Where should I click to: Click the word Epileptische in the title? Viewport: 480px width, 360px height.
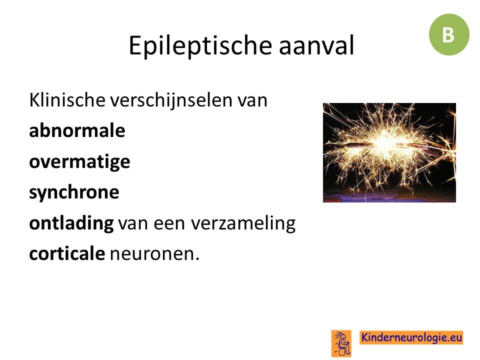(x=200, y=46)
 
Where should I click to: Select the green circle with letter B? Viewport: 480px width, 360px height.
(x=449, y=34)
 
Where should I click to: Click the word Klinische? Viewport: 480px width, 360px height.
(x=67, y=100)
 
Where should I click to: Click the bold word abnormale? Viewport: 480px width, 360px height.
(x=77, y=130)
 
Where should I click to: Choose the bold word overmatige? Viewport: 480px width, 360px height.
(x=79, y=162)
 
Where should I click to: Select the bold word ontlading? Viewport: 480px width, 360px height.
(x=71, y=223)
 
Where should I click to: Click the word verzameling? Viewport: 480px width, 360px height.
(x=243, y=223)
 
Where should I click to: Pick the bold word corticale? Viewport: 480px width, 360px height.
(x=67, y=253)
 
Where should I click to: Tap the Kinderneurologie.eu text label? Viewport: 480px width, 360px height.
(x=411, y=337)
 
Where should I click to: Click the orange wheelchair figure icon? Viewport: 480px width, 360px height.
(x=341, y=343)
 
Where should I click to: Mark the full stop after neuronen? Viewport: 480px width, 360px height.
(x=197, y=259)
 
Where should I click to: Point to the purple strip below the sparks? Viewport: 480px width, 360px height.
(x=389, y=197)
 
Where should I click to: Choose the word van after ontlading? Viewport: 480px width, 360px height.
(x=133, y=224)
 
